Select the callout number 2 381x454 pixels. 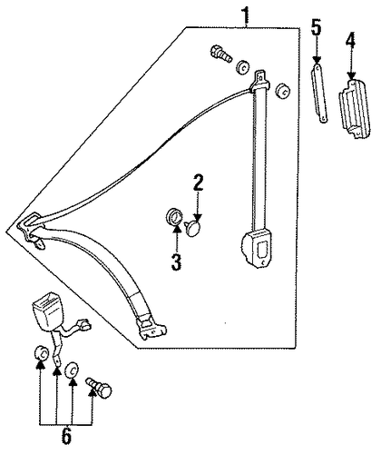pos(198,183)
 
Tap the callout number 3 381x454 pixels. pos(177,262)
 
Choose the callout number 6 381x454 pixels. pos(66,437)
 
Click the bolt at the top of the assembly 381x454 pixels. pos(221,54)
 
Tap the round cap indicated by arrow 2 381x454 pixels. pos(192,229)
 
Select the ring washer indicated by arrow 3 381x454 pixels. pos(174,217)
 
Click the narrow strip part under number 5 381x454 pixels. pos(319,94)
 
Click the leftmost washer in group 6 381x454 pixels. pos(41,353)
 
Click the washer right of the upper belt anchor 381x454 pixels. pos(283,90)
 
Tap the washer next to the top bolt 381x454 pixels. pos(242,66)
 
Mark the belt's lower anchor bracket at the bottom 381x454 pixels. pos(151,327)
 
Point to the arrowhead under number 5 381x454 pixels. pos(317,59)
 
